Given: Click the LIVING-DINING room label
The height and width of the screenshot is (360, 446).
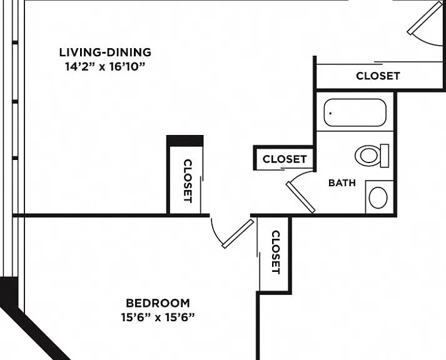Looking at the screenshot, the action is (x=105, y=52).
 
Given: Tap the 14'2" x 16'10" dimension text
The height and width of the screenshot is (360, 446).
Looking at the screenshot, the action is (x=105, y=67).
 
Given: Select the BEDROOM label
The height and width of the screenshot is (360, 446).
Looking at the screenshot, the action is (x=158, y=303).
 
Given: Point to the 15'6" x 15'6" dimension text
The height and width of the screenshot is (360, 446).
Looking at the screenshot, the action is (x=158, y=317).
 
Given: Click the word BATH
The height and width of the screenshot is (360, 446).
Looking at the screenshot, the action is (x=342, y=182).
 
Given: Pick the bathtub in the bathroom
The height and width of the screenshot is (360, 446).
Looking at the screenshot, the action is (x=355, y=112).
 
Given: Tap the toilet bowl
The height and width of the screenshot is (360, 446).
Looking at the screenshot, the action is (x=367, y=156).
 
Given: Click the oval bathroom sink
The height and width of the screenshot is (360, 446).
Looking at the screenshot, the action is (x=378, y=197).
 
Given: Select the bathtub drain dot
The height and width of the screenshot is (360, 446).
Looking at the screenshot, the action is (x=330, y=113).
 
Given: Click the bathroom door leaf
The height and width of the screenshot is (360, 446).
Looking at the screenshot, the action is (x=300, y=197).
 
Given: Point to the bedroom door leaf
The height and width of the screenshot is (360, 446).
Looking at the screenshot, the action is (x=238, y=234).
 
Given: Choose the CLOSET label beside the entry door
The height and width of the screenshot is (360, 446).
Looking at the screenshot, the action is (x=378, y=76).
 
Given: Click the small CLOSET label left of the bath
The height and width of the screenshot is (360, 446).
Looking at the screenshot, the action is (x=285, y=159).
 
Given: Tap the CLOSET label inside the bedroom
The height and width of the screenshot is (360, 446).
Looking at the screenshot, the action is (x=276, y=252).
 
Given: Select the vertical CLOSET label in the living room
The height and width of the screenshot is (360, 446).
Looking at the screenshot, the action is (x=188, y=181).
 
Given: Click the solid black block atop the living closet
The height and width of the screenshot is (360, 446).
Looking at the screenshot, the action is (x=185, y=141).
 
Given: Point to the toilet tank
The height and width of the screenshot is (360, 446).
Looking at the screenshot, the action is (x=385, y=156).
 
